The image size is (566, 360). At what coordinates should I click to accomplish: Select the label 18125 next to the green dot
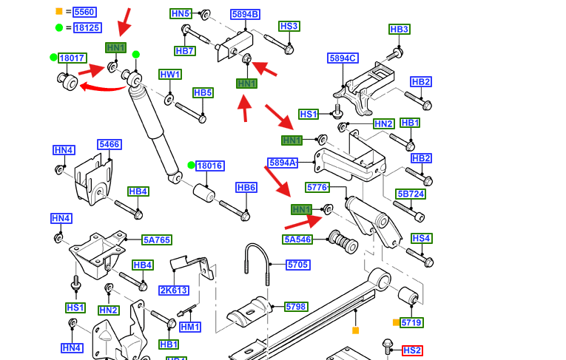pyautogui.click(x=87, y=28)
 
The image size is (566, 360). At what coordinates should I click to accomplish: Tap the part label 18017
pyautogui.click(x=72, y=58)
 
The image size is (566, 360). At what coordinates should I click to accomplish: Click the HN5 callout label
pyautogui.click(x=181, y=14)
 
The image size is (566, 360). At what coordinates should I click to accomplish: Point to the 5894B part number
pyautogui.click(x=245, y=15)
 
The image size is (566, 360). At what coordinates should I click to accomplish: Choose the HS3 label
pyautogui.click(x=289, y=27)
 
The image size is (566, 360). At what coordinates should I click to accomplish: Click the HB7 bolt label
pyautogui.click(x=185, y=51)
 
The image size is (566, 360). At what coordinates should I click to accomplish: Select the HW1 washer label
pyautogui.click(x=170, y=75)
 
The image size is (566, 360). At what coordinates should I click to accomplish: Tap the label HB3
pyautogui.click(x=399, y=30)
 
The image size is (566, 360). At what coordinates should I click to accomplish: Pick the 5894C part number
pyautogui.click(x=343, y=58)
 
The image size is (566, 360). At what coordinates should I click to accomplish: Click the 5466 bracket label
pyautogui.click(x=109, y=145)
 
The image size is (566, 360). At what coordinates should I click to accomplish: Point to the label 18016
pyautogui.click(x=210, y=166)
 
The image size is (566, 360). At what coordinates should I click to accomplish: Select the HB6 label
pyautogui.click(x=246, y=188)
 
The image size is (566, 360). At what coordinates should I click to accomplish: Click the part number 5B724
pyautogui.click(x=411, y=194)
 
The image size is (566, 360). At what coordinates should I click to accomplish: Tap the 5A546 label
pyautogui.click(x=298, y=240)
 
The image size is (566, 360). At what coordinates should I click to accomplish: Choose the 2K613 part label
pyautogui.click(x=174, y=290)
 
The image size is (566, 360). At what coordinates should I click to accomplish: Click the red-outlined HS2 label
pyautogui.click(x=412, y=350)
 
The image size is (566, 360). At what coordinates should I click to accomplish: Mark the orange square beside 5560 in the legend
pyautogui.click(x=59, y=12)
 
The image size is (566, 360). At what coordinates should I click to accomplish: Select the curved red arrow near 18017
pyautogui.click(x=104, y=87)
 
